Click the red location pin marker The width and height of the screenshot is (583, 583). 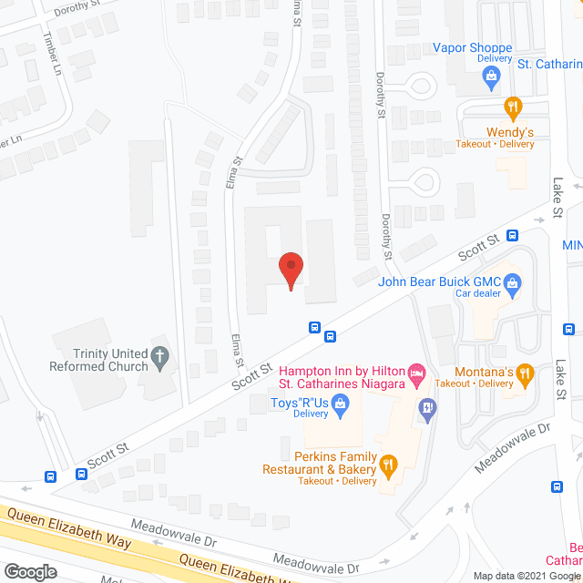tap(291, 270)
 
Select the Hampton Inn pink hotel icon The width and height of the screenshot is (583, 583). tap(416, 372)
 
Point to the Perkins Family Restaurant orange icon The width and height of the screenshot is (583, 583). tap(389, 466)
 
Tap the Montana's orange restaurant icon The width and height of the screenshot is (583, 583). tap(524, 372)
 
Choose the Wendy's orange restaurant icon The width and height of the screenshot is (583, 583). tap(513, 107)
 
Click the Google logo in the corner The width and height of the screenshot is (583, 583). tap(31, 571)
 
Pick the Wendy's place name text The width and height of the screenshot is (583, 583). tap(509, 131)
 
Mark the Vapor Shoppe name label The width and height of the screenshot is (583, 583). tap(473, 47)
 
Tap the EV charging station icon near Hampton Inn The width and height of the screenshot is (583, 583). tap(424, 407)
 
